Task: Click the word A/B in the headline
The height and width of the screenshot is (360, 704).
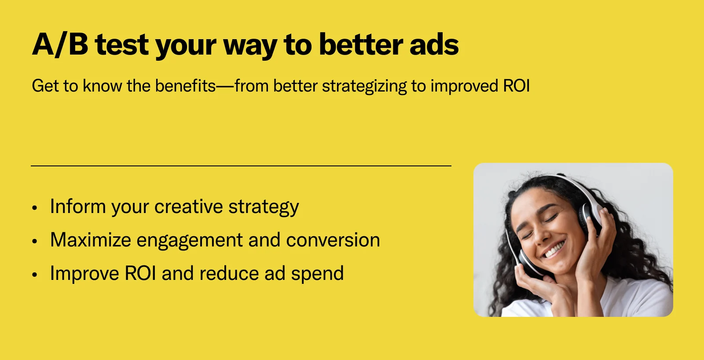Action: click(60, 44)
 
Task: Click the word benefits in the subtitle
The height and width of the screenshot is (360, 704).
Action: click(185, 85)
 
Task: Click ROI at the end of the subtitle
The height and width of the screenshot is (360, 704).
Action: click(517, 86)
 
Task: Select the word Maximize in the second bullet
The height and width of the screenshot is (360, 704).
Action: click(91, 239)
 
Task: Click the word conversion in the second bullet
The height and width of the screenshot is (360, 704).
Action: click(333, 240)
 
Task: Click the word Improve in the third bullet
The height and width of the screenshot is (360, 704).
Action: click(84, 274)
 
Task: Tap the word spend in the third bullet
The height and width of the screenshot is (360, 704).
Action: click(317, 274)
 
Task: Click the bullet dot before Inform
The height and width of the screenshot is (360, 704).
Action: click(35, 208)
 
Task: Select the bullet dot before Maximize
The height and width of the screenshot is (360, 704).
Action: click(35, 241)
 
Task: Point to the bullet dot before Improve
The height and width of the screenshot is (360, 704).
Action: click(35, 275)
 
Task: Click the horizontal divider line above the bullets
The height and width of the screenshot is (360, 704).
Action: click(241, 165)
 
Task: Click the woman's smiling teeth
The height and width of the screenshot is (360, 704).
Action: click(554, 250)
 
